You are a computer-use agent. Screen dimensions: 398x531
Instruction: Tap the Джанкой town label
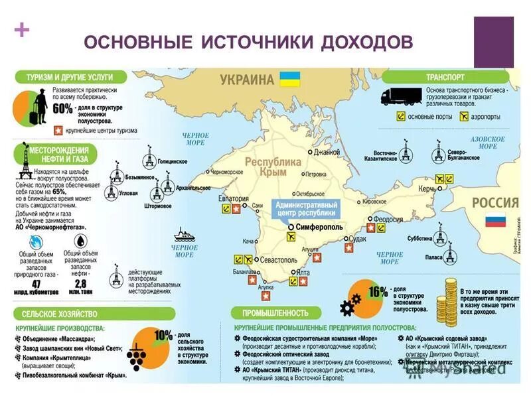point(327,152)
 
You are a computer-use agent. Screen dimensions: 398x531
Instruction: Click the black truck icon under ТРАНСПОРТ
point(400,97)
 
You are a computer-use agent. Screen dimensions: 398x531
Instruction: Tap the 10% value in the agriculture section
point(163,336)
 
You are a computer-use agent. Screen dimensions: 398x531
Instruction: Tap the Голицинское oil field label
point(173,161)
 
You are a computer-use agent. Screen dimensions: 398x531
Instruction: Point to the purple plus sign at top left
point(21,29)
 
